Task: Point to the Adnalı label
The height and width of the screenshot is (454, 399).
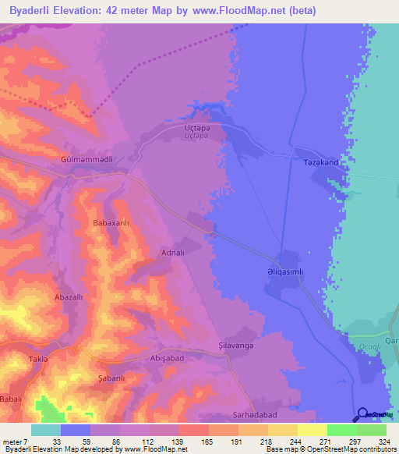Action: (x=171, y=253)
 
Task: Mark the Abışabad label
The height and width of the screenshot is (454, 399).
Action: (x=165, y=358)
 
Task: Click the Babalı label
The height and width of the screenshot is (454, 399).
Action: (x=11, y=398)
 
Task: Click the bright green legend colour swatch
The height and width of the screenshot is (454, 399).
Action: (x=341, y=430)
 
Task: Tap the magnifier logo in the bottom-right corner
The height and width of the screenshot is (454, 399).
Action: (x=362, y=414)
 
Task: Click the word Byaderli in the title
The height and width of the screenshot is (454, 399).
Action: (x=34, y=10)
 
